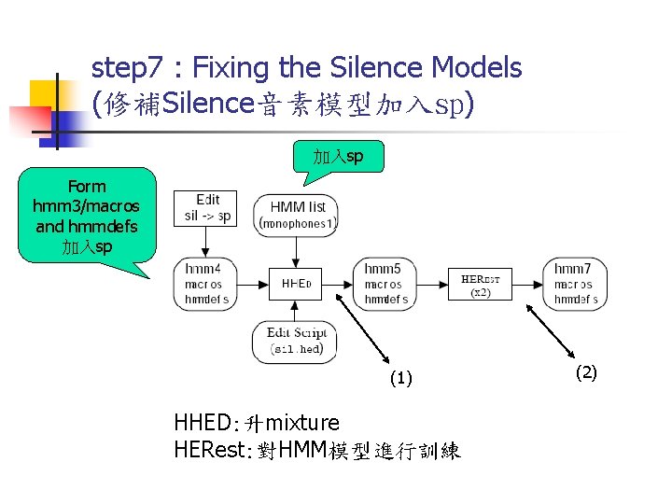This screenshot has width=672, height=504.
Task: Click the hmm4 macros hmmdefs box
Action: pos(203,284)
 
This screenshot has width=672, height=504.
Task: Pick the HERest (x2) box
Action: pos(481,284)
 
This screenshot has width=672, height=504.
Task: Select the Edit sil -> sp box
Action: pos(207,208)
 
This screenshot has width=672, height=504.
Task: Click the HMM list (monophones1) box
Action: pos(297,215)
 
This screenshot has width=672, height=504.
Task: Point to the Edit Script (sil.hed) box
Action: pos(295,342)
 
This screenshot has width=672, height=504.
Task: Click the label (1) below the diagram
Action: pos(399,378)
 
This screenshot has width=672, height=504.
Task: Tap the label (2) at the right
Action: pos(585,372)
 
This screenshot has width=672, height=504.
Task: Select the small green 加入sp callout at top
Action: pos(338,157)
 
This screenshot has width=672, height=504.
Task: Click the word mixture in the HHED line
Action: pos(298,423)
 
